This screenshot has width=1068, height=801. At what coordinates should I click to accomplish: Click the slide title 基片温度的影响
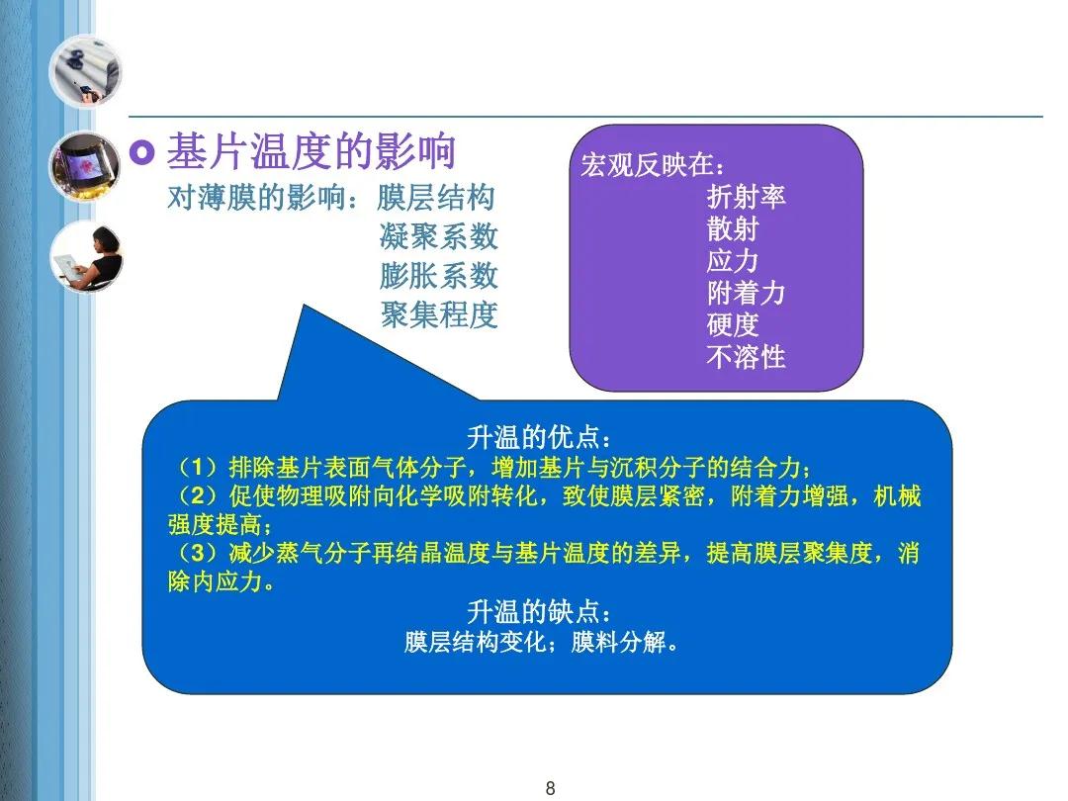[x=311, y=151]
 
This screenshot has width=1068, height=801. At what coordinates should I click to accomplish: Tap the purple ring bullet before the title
[x=142, y=152]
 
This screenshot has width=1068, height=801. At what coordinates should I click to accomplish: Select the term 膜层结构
[x=436, y=198]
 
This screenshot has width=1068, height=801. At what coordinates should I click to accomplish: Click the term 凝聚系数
[x=439, y=236]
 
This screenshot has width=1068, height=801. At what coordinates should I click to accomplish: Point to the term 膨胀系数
[x=439, y=276]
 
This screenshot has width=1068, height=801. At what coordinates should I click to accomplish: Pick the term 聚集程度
[x=439, y=314]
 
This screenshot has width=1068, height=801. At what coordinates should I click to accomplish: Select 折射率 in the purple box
[x=747, y=196]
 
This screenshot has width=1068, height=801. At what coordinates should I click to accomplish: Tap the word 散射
[x=733, y=228]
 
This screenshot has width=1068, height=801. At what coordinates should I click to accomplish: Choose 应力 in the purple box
[x=733, y=260]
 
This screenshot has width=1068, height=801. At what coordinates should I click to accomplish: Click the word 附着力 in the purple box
[x=747, y=293]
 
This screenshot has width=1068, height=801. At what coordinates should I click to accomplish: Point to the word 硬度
[x=733, y=324]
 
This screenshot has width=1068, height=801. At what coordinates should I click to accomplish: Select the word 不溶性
[x=747, y=356]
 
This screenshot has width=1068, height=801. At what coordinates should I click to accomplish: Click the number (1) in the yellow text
[x=197, y=467]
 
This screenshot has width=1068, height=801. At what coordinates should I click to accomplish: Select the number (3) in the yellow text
[x=197, y=553]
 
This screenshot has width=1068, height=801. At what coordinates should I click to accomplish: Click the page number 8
[x=551, y=788]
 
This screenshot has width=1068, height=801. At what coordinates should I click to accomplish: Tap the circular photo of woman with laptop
[x=86, y=257]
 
